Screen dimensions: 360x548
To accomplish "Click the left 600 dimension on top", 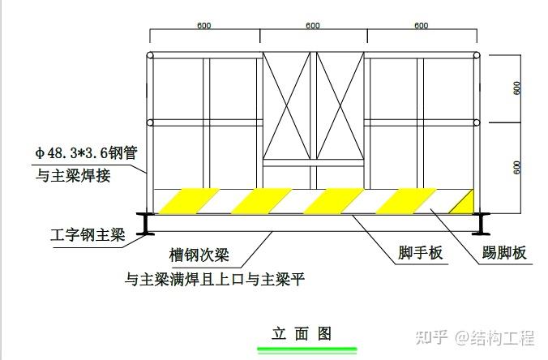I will click(204, 26).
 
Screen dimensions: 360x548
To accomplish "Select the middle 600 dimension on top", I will click(313, 26).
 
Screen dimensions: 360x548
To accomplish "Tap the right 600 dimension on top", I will click(421, 26).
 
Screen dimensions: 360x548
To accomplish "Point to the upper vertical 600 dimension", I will click(516, 88).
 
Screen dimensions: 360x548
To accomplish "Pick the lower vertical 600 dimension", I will click(516, 166).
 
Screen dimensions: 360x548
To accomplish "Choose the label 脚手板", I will click(421, 254).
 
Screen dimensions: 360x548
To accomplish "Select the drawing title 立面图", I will click(302, 333).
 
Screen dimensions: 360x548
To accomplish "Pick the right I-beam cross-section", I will click(483, 224).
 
